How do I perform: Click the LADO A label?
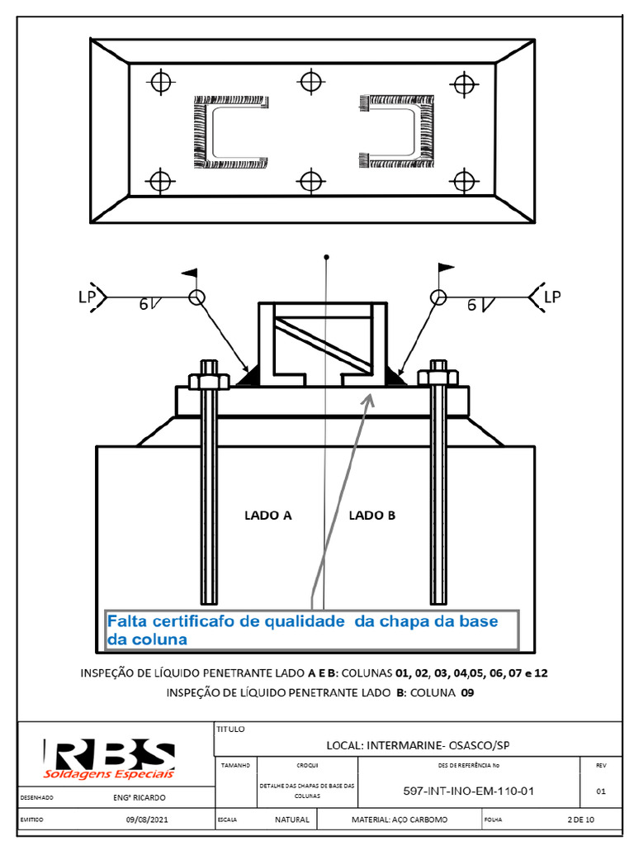[268, 516]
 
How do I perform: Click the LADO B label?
[372, 516]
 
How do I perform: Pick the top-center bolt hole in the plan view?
[310, 81]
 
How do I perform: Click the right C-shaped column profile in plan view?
[399, 131]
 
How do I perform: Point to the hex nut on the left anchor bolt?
[208, 380]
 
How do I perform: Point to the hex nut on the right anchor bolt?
[438, 378]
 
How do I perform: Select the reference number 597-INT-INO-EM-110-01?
[468, 791]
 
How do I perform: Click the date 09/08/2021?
[147, 820]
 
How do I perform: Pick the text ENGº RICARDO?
[139, 797]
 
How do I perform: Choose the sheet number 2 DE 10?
[581, 820]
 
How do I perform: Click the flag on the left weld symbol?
[191, 271]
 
